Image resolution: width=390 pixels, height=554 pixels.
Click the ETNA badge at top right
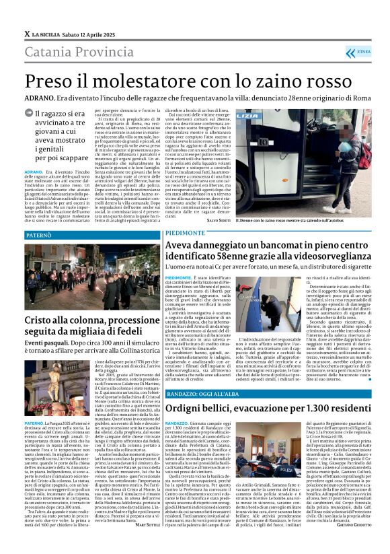pyautogui.click(x=365, y=50)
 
